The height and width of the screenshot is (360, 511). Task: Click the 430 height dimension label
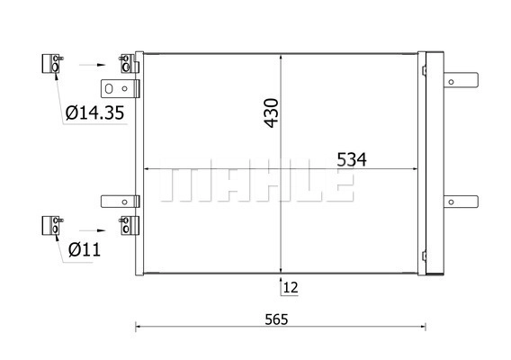coord(272,112)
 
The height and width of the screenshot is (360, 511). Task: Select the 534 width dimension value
coord(351,160)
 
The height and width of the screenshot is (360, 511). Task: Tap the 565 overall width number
coord(276,319)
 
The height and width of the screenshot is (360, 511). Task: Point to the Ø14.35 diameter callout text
coord(94,112)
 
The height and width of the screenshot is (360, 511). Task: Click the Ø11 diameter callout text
coord(85,250)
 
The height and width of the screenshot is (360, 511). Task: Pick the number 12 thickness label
coord(291,288)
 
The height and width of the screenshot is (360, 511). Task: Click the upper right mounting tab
coord(461,80)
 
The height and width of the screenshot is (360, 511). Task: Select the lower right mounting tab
coord(461,202)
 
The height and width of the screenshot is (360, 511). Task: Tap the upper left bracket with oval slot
coord(121,89)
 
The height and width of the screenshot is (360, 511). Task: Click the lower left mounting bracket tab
coord(121,202)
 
